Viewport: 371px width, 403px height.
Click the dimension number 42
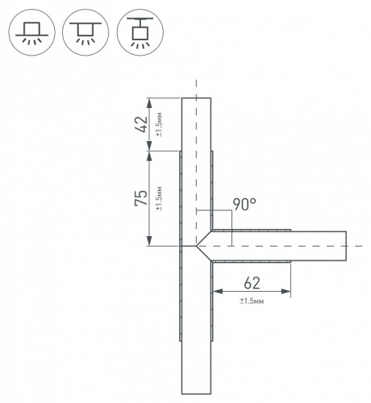tap(141, 124)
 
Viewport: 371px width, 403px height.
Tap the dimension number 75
tap(141, 197)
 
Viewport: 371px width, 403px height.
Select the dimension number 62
tap(252, 283)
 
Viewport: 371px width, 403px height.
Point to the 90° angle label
tap(244, 205)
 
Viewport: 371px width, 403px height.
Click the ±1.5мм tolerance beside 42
tap(159, 124)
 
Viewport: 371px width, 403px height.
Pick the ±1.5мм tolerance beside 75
tap(159, 198)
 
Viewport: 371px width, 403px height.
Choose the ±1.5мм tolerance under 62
tap(252, 301)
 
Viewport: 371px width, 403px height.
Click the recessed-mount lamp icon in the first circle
tap(32, 32)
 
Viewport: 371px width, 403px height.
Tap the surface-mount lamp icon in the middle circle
tap(85, 32)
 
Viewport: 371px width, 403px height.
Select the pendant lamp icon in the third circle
tap(140, 32)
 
